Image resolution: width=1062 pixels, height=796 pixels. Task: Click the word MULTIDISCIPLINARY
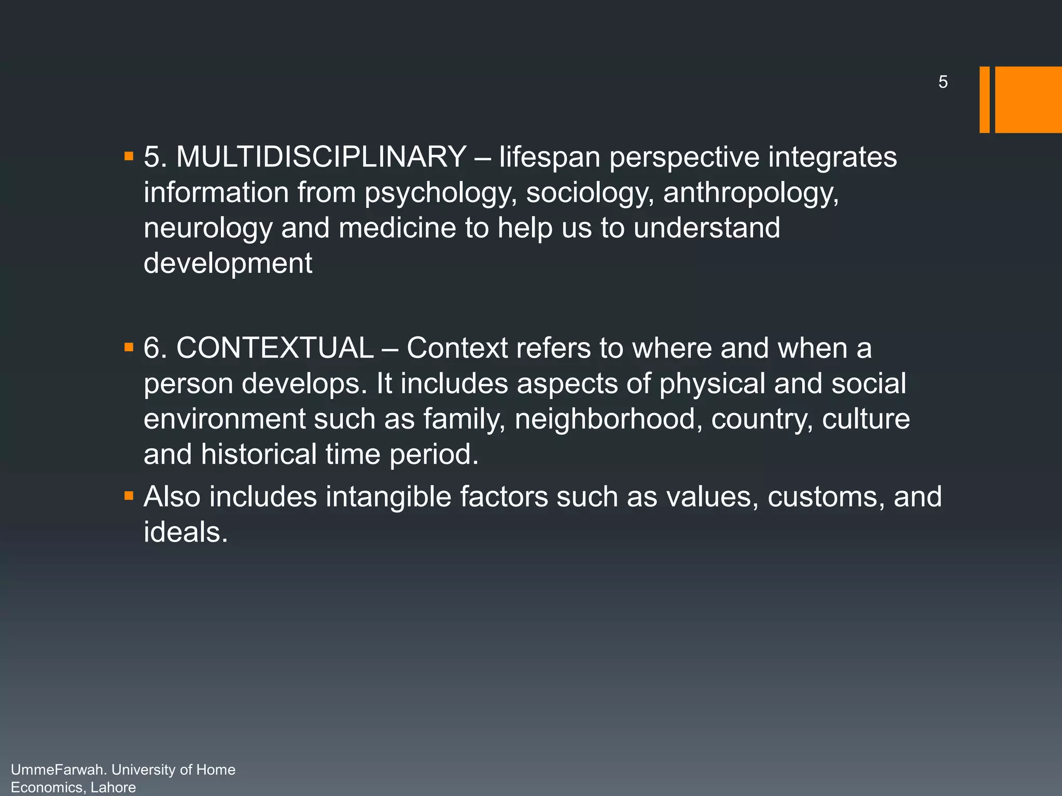(321, 157)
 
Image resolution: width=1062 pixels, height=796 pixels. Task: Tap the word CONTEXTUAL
(275, 348)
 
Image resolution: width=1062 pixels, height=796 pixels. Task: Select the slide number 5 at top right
(943, 82)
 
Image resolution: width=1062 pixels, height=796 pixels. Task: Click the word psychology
(440, 193)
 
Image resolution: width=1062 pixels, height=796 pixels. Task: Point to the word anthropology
(750, 193)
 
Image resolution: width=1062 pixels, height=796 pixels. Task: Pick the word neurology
(207, 229)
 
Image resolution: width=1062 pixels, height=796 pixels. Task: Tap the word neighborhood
(605, 419)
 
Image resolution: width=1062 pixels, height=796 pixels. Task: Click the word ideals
(186, 532)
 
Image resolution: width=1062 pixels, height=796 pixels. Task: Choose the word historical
(258, 454)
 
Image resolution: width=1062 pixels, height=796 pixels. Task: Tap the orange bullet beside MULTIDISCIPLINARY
(129, 156)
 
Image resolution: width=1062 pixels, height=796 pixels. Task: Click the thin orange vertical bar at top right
(984, 99)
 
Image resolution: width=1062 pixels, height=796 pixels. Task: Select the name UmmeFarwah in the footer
(57, 770)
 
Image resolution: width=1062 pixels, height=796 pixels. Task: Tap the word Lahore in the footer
(113, 788)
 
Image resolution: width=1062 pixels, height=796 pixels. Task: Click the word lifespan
(549, 158)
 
